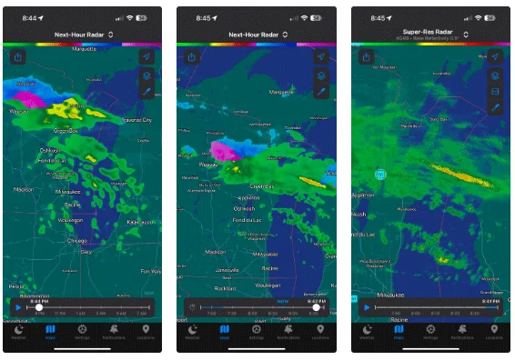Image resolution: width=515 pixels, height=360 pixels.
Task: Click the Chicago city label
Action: [78, 241]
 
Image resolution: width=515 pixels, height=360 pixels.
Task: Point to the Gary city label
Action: [86, 252]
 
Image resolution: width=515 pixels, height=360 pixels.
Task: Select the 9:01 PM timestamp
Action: [489, 301]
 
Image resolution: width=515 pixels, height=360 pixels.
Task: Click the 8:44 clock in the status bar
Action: [29, 17]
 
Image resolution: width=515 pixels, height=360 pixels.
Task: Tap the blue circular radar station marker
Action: [380, 174]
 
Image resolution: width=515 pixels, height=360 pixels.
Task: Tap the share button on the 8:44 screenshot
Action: [19, 55]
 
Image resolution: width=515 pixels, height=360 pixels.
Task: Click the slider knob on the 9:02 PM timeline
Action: [316, 308]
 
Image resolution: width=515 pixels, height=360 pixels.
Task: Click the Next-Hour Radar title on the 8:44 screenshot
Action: [80, 35]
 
